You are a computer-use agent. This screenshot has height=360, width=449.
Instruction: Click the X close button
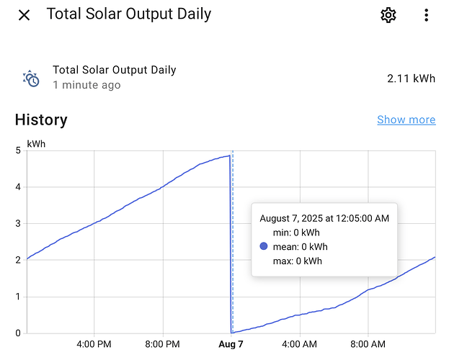(24, 15)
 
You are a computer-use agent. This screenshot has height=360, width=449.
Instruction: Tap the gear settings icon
(388, 15)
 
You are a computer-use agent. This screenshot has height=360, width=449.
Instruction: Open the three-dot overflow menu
(427, 15)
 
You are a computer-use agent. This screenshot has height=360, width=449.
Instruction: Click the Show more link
(406, 120)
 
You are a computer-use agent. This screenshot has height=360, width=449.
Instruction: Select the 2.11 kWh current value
(412, 78)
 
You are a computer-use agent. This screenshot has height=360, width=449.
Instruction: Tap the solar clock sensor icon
(31, 78)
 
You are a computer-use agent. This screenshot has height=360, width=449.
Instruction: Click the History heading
(41, 120)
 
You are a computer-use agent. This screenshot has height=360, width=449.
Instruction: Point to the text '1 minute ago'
(86, 85)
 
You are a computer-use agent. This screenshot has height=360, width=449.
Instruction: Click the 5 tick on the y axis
(18, 150)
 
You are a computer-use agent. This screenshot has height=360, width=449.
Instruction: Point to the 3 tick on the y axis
(18, 223)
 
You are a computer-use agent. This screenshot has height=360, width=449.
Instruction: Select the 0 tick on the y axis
(18, 333)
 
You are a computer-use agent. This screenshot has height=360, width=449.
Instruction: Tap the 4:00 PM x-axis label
(94, 344)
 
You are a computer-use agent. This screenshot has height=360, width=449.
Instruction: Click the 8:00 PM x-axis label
(162, 344)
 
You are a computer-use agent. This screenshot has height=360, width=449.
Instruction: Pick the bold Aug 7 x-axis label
(231, 344)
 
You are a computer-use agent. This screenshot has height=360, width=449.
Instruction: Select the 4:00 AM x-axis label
(300, 344)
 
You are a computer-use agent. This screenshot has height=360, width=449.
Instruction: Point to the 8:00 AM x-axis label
(368, 344)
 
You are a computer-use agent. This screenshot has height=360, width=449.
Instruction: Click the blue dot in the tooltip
(264, 246)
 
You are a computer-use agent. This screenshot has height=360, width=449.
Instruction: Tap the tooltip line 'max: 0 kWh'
(298, 261)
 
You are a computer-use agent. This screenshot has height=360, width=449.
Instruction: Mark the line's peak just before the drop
(229, 156)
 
